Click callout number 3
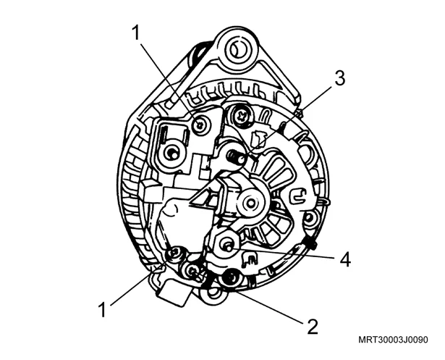339,78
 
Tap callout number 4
344,259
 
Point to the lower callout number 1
102,309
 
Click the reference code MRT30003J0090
393,340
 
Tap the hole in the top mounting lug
238,51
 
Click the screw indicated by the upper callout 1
200,124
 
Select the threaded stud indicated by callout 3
237,157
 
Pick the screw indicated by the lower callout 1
174,253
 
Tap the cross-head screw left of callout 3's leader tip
241,116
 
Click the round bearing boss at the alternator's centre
251,203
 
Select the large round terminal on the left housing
172,154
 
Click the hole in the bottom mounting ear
213,296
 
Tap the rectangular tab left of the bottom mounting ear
174,295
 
